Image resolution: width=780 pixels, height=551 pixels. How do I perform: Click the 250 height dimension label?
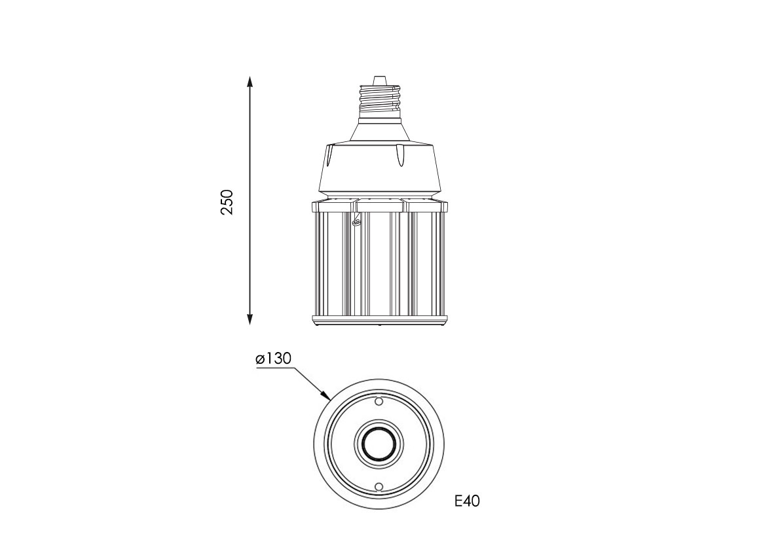click(227, 202)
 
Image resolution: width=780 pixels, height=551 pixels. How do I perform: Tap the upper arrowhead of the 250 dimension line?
click(250, 82)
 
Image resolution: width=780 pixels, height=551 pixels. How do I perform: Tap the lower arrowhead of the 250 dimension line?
click(250, 319)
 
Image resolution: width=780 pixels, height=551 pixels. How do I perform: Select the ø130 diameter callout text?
click(273, 358)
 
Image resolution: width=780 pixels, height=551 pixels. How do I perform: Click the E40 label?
click(467, 501)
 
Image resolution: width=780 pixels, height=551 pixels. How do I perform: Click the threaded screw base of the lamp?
click(380, 99)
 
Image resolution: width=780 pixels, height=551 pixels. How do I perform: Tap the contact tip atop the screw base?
click(379, 79)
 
